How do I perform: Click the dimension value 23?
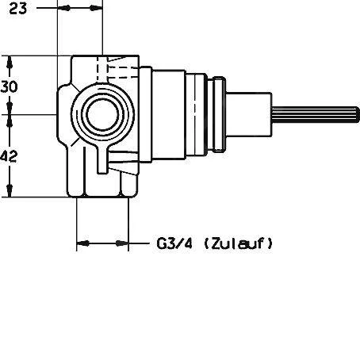18,9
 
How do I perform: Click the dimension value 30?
9,86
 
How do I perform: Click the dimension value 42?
9,156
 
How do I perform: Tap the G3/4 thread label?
174,243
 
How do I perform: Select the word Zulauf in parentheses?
238,243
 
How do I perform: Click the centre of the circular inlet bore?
102,115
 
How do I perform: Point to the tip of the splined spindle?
358,115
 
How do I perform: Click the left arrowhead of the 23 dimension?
64,8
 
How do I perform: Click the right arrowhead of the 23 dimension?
96,8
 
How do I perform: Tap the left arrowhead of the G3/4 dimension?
83,243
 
